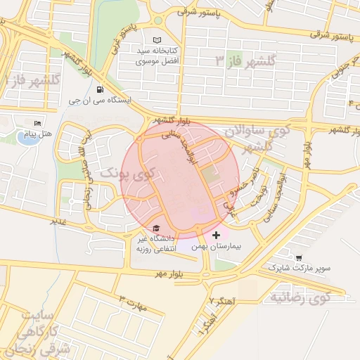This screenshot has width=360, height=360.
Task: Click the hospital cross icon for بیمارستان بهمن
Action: coord(216,234)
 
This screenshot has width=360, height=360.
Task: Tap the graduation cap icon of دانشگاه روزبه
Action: coord(156,228)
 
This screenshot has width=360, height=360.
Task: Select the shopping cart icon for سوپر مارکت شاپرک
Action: coord(300,258)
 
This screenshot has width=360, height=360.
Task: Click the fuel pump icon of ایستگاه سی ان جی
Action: coord(99,89)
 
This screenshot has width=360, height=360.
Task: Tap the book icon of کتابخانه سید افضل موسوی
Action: coord(156,39)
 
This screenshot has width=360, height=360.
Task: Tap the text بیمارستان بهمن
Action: coord(217,247)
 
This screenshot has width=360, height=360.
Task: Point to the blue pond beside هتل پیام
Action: coord(29,136)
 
